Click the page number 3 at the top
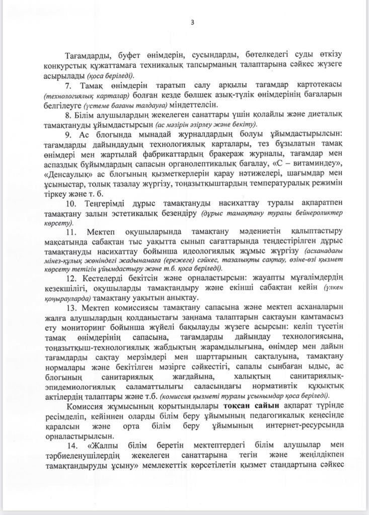click(192, 22)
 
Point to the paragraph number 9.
click(69, 134)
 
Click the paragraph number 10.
click(71, 203)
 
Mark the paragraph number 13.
click(71, 307)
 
